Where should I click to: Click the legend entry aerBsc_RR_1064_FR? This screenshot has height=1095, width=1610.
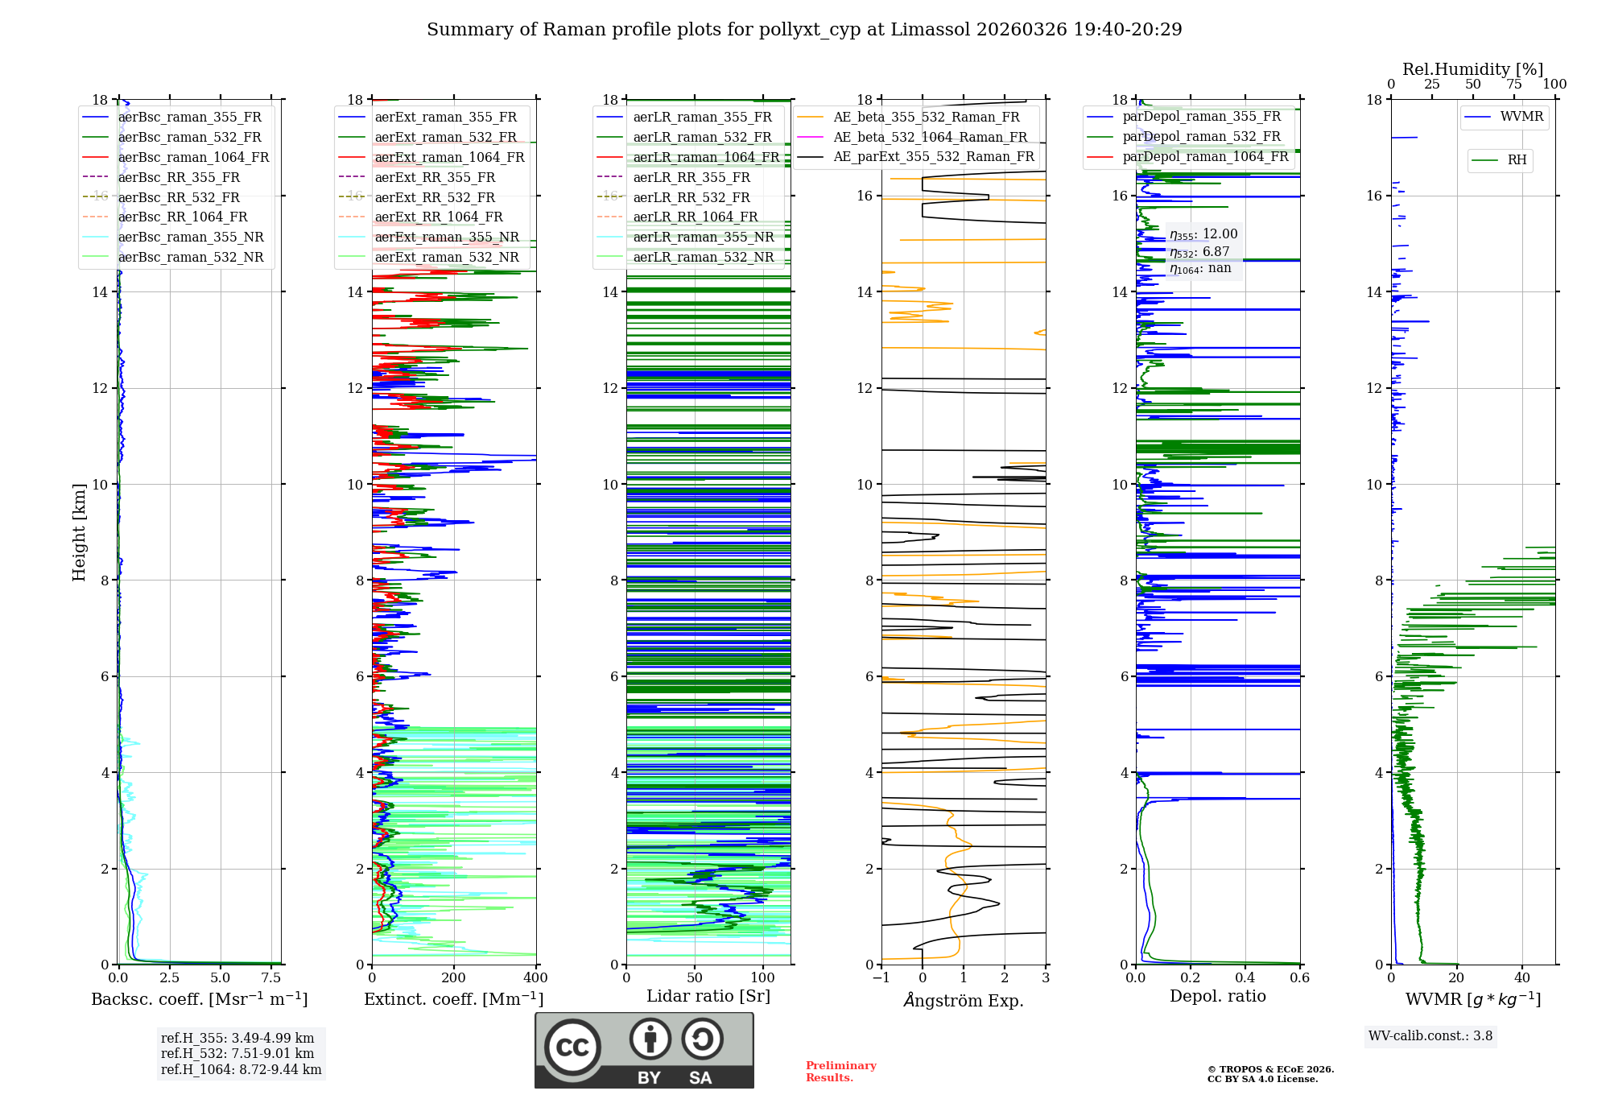pyautogui.click(x=183, y=217)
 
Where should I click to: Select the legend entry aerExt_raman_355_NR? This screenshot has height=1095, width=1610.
pyautogui.click(x=447, y=238)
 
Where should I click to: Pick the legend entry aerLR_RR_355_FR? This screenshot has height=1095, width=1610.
pyautogui.click(x=691, y=177)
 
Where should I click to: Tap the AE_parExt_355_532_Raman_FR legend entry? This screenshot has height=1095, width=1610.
pyautogui.click(x=934, y=157)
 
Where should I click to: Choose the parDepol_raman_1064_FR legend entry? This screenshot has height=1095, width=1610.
pyautogui.click(x=1205, y=157)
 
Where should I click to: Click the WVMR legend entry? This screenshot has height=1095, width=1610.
pyautogui.click(x=1521, y=117)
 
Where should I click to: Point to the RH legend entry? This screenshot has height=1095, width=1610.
pyautogui.click(x=1517, y=160)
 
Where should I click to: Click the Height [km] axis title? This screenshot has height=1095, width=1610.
pyautogui.click(x=79, y=532)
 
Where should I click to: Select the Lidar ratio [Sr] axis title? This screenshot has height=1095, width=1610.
pyautogui.click(x=708, y=996)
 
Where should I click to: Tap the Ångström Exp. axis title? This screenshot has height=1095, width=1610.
pyautogui.click(x=964, y=1000)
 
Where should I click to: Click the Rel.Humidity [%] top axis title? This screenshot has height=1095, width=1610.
pyautogui.click(x=1472, y=69)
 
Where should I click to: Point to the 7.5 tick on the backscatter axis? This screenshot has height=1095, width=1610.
pyautogui.click(x=271, y=978)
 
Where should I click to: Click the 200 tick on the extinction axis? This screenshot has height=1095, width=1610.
pyautogui.click(x=454, y=978)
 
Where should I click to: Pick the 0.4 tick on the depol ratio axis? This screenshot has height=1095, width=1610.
pyautogui.click(x=1245, y=978)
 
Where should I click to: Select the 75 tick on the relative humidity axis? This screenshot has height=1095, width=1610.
pyautogui.click(x=1514, y=85)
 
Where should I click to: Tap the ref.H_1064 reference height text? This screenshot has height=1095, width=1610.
pyautogui.click(x=241, y=1070)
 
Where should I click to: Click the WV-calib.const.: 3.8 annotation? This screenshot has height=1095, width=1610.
pyautogui.click(x=1430, y=1036)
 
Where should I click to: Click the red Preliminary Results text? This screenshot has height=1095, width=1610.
pyautogui.click(x=840, y=1072)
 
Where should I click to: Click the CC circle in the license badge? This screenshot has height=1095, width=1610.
pyautogui.click(x=572, y=1047)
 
